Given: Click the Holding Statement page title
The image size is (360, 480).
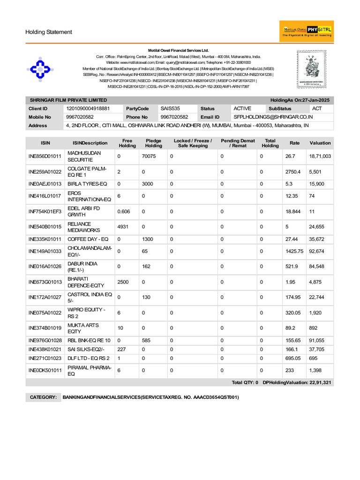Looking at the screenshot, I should click(49, 32).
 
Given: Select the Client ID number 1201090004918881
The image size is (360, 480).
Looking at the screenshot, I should click(88, 108).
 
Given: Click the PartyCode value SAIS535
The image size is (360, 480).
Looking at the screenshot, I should click(170, 108).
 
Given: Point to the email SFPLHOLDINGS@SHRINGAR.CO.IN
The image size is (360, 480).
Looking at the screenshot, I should click(273, 117).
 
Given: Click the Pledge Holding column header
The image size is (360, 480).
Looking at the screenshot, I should click(153, 143).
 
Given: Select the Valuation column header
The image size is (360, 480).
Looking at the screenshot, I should click(320, 143).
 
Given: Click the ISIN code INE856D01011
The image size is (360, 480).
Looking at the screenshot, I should click(45, 156).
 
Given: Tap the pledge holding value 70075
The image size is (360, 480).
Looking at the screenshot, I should click(149, 156).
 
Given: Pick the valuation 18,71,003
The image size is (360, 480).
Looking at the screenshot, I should click(320, 156).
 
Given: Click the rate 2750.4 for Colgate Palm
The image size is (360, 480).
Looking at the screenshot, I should click(295, 172).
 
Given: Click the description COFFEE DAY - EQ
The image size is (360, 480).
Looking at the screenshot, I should click(88, 239).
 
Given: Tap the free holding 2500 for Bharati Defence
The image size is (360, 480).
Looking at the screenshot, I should click(123, 282).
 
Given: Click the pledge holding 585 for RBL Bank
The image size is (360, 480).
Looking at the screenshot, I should click(147, 340).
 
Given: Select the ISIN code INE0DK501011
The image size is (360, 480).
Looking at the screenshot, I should click(45, 370).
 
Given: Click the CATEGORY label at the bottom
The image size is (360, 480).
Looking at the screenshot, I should click(43, 397).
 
